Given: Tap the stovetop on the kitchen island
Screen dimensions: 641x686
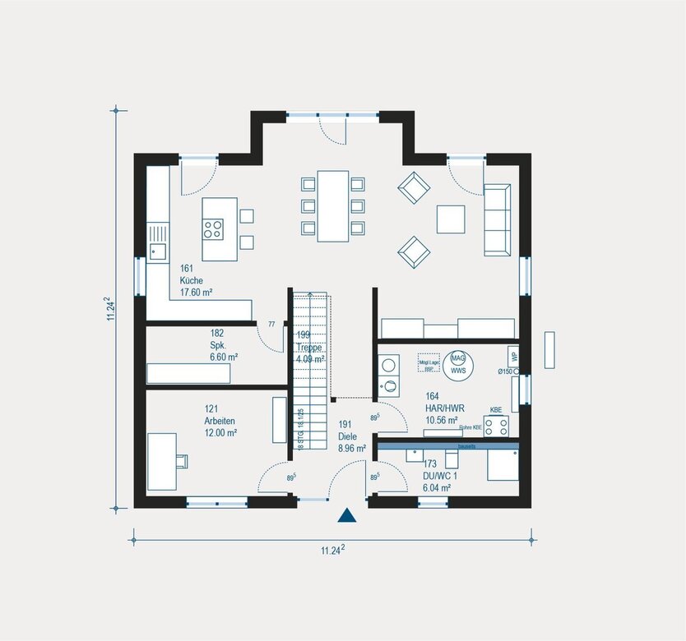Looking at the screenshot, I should click(213, 228).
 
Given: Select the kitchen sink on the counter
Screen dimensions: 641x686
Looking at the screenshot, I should click(157, 251).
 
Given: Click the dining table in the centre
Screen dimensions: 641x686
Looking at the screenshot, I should click(333, 205).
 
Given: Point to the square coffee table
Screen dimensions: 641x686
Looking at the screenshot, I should click(451, 219).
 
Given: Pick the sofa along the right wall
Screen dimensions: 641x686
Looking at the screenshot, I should click(496, 219).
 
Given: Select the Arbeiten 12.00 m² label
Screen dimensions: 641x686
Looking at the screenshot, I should click(220, 420).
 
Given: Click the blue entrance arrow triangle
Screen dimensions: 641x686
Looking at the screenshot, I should click(347, 515).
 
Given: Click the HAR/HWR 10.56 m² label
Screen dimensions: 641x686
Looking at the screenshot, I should click(441, 408).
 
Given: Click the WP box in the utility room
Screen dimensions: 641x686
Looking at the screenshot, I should click(514, 357).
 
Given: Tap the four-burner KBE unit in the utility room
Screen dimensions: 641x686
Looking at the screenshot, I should click(496, 425).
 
